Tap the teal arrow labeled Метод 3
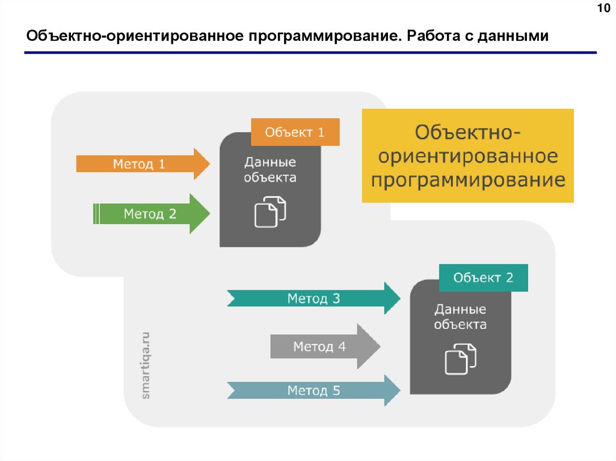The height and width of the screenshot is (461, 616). [313, 298]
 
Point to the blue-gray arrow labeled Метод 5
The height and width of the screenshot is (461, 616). [313, 391]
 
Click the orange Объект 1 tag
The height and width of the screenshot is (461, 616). [295, 132]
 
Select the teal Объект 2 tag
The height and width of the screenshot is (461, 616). [483, 278]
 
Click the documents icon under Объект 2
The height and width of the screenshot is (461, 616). [460, 359]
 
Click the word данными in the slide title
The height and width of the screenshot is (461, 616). [514, 36]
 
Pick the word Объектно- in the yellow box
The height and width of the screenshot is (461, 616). [468, 132]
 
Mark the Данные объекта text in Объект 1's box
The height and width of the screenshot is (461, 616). [270, 170]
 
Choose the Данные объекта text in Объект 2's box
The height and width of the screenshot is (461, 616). [460, 317]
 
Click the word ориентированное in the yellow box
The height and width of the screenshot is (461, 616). [468, 156]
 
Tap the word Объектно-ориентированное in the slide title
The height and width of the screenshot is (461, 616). [132, 36]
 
